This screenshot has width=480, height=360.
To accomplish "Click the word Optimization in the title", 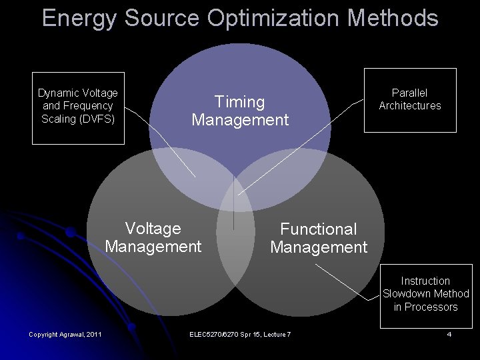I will tap(275, 19).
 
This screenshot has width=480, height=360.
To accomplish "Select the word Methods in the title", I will tap(393, 19).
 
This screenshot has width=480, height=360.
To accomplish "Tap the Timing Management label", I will tap(240, 111).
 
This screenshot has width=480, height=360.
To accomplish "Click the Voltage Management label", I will tap(153, 237).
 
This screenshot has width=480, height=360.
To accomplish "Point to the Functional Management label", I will tap(319, 238).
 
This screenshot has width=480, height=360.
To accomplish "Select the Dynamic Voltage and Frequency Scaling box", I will tap(78, 107).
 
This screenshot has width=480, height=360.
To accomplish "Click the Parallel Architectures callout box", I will tap(409, 99).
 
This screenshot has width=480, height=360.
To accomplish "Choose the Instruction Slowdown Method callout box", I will tap(425, 294).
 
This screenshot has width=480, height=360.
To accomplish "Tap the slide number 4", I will tap(449, 333).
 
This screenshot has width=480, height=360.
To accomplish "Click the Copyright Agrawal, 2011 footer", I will tap(65, 333).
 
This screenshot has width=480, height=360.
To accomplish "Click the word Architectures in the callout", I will tap(410, 105).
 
